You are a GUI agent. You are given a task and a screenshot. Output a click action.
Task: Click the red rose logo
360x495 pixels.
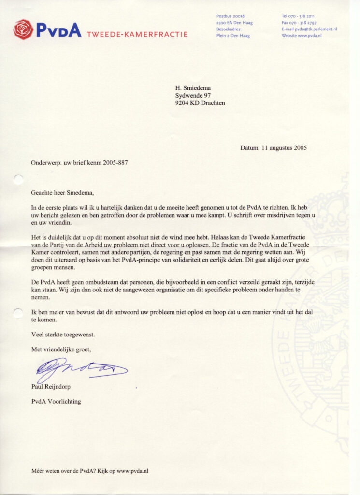click(23, 29)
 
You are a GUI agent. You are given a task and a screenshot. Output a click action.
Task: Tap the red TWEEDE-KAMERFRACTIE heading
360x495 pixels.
click(137, 34)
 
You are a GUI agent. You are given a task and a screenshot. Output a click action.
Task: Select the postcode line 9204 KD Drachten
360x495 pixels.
click(200, 102)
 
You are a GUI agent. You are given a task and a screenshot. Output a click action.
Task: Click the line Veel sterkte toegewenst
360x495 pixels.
click(63, 334)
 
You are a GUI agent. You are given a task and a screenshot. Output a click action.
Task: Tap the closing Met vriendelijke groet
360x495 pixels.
click(61, 349)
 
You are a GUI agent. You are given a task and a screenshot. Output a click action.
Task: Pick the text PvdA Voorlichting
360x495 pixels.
click(57, 401)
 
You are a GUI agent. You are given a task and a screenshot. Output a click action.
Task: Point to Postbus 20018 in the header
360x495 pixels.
click(230, 16)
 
